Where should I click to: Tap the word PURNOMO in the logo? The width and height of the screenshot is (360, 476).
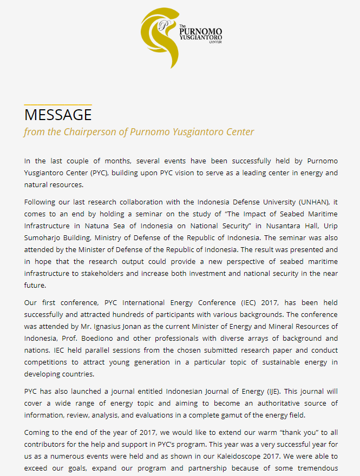tap(200, 32)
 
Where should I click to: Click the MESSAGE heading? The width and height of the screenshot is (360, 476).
tap(58, 115)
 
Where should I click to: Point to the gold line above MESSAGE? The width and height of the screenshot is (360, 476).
tap(58, 105)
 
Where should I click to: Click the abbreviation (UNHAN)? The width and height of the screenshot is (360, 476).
tap(315, 202)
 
